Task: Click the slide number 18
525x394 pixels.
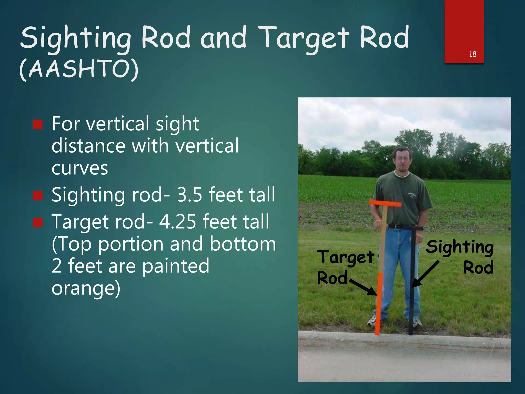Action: [472, 54]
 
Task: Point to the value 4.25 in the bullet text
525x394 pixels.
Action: [178, 221]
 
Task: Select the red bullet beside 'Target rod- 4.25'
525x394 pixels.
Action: [38, 222]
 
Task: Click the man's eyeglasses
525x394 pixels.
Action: [402, 159]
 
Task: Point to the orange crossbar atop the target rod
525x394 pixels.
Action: [385, 204]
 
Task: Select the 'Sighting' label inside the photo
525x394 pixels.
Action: [460, 247]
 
